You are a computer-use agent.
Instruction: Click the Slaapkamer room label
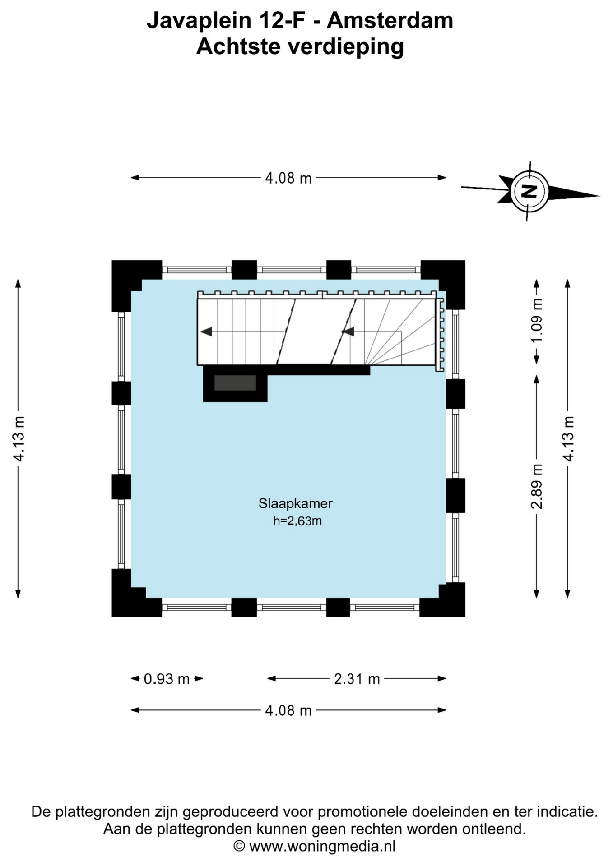click(x=295, y=503)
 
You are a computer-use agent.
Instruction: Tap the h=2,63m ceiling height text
click(x=297, y=521)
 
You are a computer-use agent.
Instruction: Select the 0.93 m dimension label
click(x=167, y=679)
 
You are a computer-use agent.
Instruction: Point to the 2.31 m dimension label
click(x=357, y=679)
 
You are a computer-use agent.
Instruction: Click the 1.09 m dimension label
click(x=537, y=321)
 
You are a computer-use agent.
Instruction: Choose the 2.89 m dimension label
click(x=537, y=486)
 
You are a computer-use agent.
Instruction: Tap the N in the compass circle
click(x=529, y=191)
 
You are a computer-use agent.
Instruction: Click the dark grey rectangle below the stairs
click(x=235, y=383)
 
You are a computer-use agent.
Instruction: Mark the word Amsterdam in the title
click(x=390, y=21)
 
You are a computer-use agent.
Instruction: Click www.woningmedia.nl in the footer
click(x=322, y=847)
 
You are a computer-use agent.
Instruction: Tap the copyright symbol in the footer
click(x=239, y=847)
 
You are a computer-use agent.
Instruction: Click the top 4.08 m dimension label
click(x=288, y=179)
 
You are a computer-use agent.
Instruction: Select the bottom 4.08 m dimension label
click(x=288, y=711)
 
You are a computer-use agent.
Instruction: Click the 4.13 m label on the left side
click(x=19, y=438)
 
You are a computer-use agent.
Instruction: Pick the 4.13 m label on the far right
click(x=568, y=438)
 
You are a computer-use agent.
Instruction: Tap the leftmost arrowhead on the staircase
click(x=206, y=332)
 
